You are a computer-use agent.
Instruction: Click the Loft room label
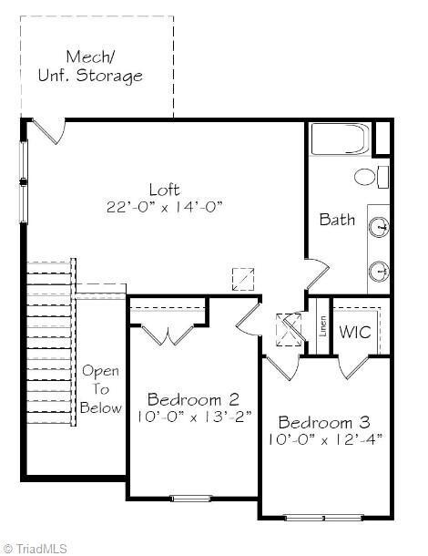point(165,190)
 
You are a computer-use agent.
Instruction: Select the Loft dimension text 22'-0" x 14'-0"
point(165,207)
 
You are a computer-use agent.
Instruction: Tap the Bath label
point(337,219)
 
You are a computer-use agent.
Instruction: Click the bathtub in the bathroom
point(341,139)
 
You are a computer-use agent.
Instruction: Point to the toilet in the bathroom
point(372,177)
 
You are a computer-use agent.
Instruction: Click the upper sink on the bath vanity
point(379,226)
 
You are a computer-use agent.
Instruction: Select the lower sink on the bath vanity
point(379,272)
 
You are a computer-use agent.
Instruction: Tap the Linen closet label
point(322,326)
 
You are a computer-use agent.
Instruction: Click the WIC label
point(355,332)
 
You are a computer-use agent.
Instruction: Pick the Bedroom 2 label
point(193,399)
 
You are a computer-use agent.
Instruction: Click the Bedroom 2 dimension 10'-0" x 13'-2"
point(194,417)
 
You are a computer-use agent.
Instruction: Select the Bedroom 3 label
point(324,422)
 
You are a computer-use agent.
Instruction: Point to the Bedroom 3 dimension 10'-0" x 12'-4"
point(325,439)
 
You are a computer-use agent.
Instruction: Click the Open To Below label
point(101,389)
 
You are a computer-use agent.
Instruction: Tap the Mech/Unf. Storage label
point(90,67)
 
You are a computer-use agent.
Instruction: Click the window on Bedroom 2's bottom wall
point(191,499)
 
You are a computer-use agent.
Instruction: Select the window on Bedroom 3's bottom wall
point(324,518)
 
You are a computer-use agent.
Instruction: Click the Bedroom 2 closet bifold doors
point(168,335)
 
